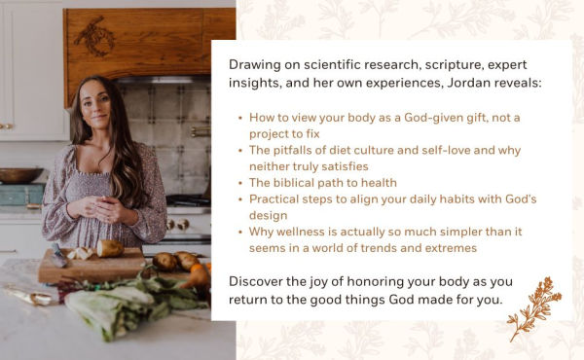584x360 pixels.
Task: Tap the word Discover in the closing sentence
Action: (260, 281)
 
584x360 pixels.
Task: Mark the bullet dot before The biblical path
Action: (239, 183)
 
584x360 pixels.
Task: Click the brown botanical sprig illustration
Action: (535, 307)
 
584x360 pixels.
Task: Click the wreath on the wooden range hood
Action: (97, 37)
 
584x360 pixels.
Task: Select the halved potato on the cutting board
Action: (109, 249)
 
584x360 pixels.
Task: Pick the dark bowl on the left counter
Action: (19, 175)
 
